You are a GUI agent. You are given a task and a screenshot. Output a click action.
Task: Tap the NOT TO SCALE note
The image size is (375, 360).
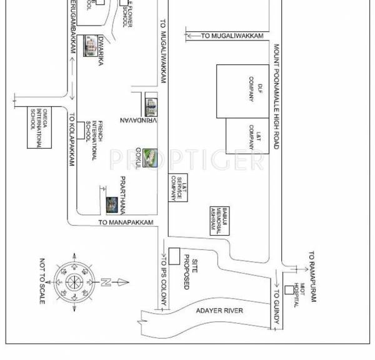(x=42, y=281)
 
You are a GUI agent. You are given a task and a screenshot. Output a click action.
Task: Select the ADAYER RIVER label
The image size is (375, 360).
(x=223, y=311)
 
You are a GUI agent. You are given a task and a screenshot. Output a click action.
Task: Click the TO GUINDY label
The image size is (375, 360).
(x=275, y=307)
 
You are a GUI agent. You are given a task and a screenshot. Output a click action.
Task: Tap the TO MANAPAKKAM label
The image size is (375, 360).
(x=126, y=222)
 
